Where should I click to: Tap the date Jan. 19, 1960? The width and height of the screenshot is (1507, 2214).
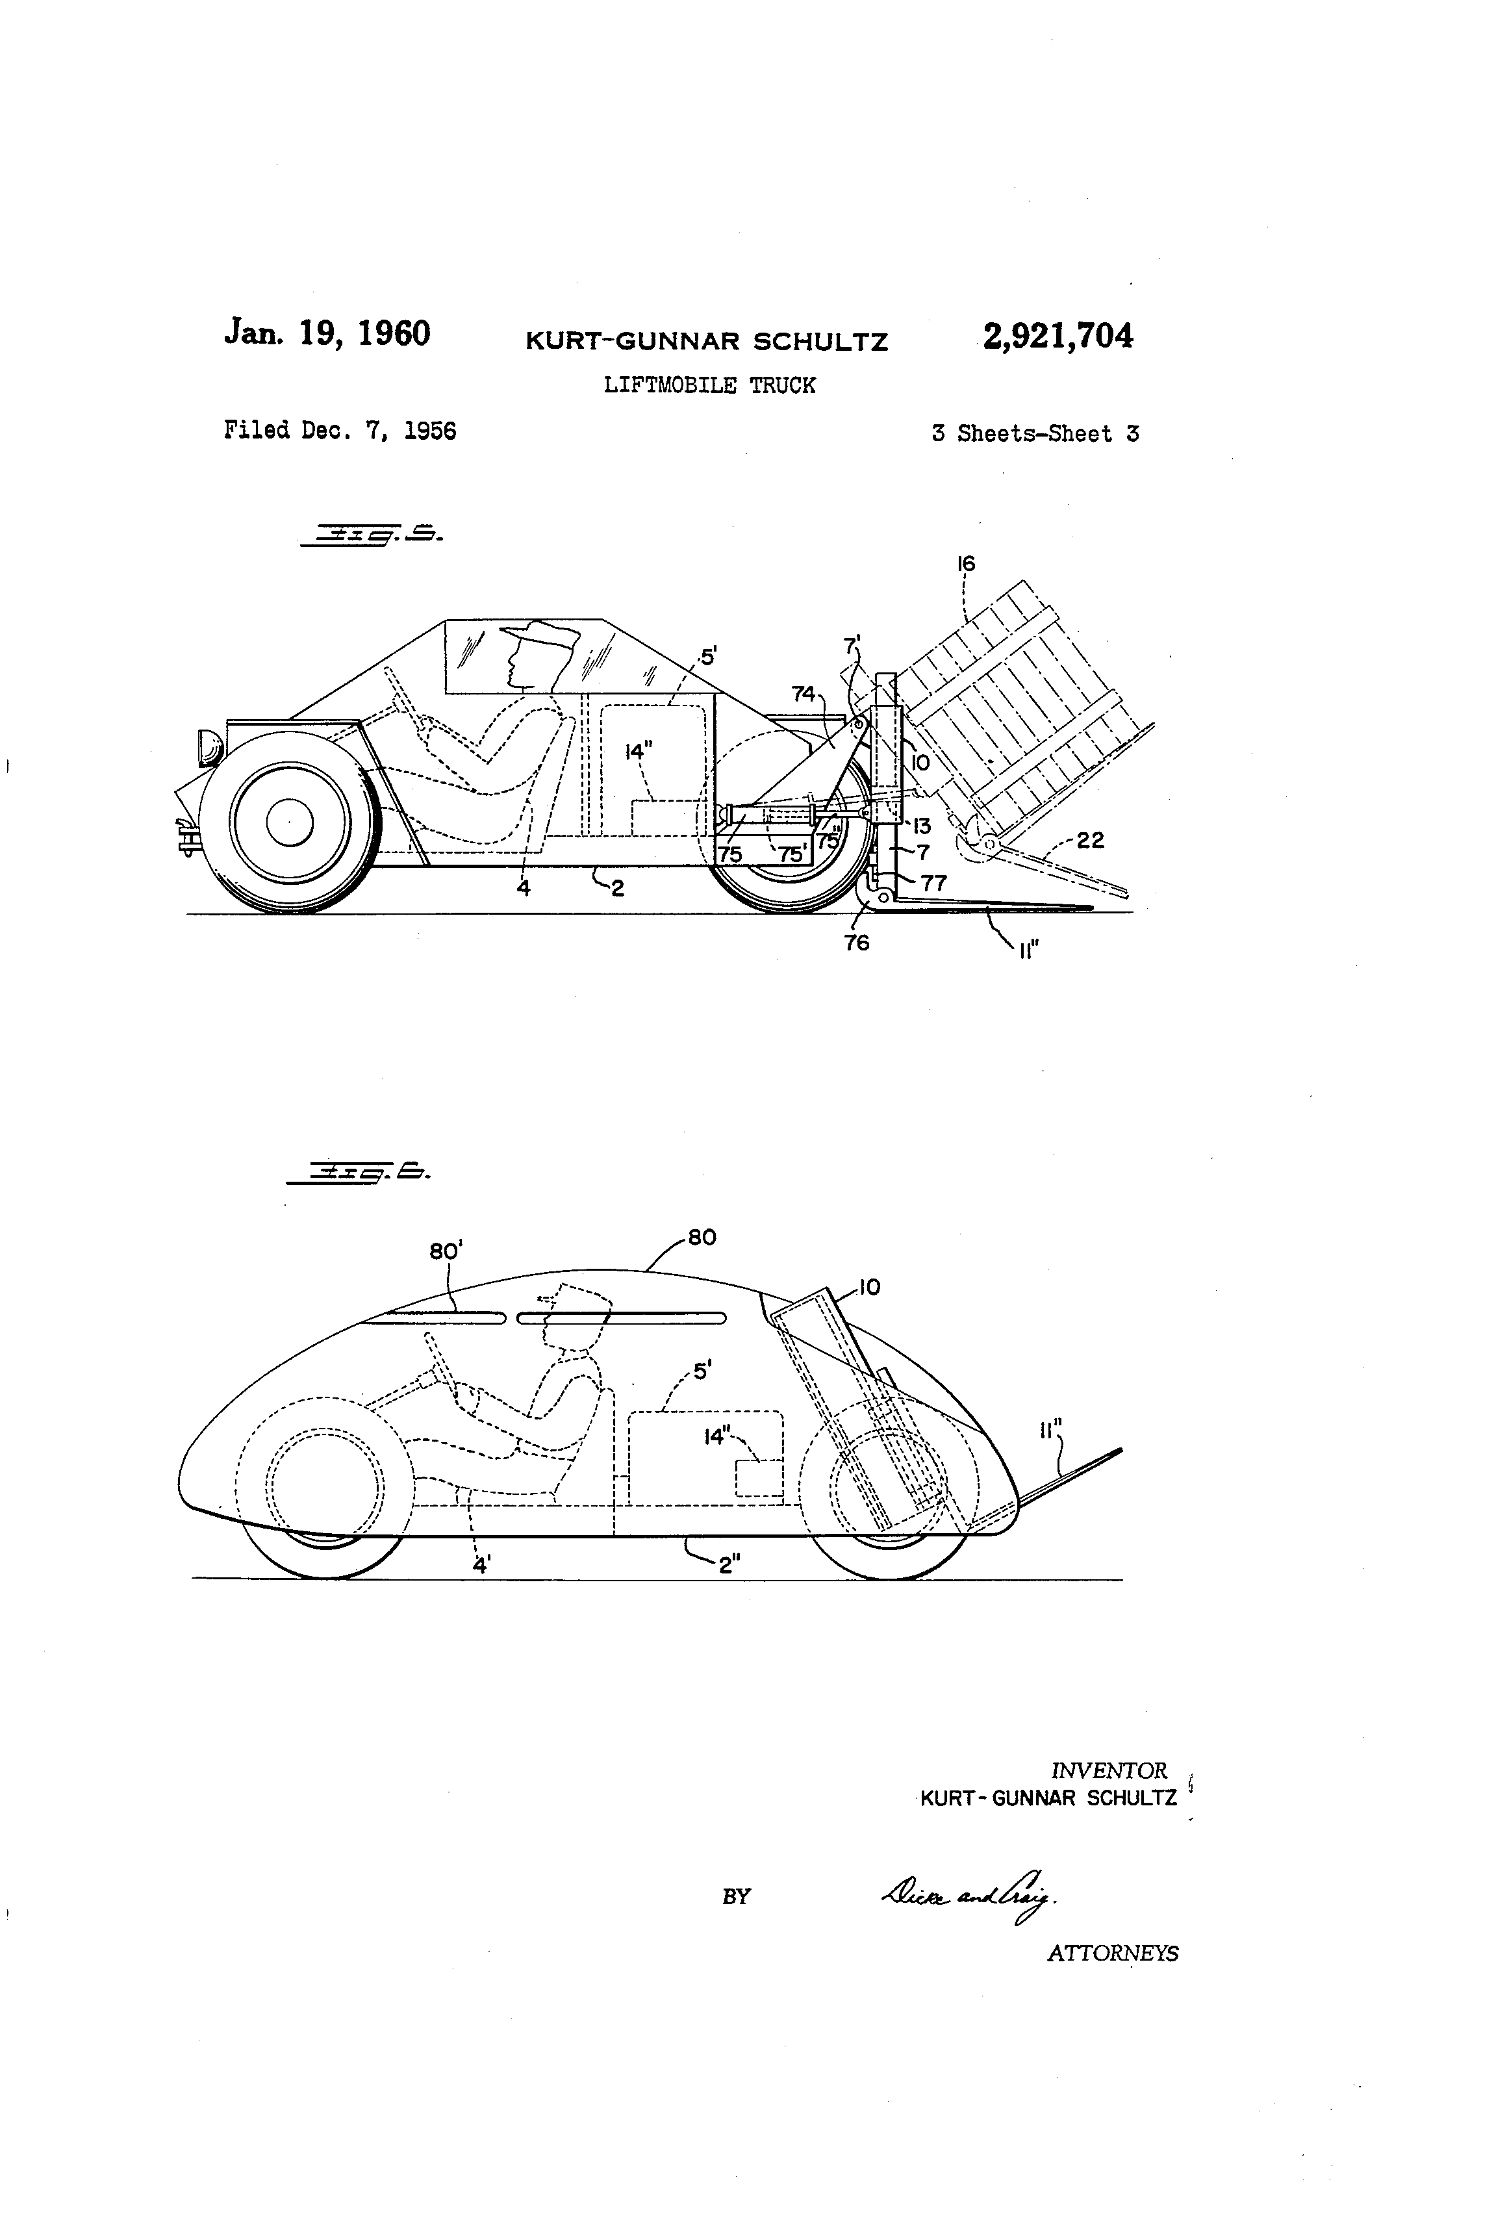tap(327, 333)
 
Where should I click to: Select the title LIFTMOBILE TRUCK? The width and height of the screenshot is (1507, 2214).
tap(710, 386)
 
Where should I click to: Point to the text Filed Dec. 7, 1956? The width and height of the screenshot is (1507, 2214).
tap(340, 431)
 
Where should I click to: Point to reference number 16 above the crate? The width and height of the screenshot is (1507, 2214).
tap(966, 564)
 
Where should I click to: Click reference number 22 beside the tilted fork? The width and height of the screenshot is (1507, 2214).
tap(1090, 840)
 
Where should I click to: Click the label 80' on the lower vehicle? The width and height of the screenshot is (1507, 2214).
tap(446, 1251)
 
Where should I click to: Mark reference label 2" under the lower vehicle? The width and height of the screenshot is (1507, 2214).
tap(729, 1565)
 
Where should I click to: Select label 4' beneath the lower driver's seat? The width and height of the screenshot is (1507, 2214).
tap(482, 1564)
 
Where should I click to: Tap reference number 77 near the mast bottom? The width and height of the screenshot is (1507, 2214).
tap(933, 883)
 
